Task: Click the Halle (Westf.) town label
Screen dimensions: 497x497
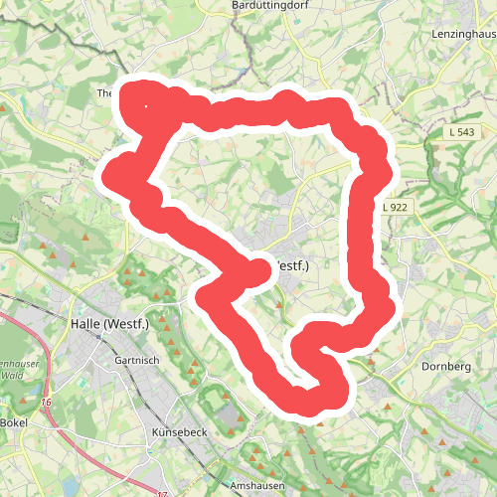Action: click(x=109, y=325)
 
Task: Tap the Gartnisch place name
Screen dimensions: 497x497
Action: click(x=137, y=360)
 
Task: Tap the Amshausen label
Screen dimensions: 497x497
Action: click(x=256, y=485)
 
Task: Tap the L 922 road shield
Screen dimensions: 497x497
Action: click(x=395, y=207)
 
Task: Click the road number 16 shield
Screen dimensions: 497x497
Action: click(x=46, y=402)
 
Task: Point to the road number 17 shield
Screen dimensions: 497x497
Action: click(x=162, y=492)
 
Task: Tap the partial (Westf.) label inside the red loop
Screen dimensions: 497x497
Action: click(x=290, y=266)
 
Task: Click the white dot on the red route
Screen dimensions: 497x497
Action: click(x=147, y=106)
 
